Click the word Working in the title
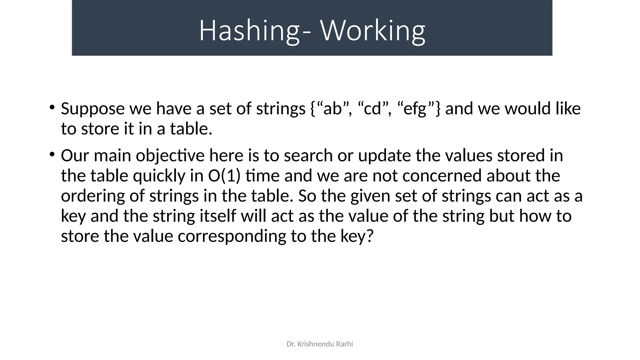tap(373, 31)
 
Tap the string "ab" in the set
tap(333, 109)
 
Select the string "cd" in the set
tap(372, 109)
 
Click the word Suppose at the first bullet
tap(93, 109)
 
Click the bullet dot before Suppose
tap(52, 107)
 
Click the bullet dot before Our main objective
tap(52, 154)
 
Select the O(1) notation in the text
tap(224, 176)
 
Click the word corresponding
tap(232, 236)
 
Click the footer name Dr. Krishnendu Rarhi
tap(320, 344)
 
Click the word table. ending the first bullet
tap(191, 129)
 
